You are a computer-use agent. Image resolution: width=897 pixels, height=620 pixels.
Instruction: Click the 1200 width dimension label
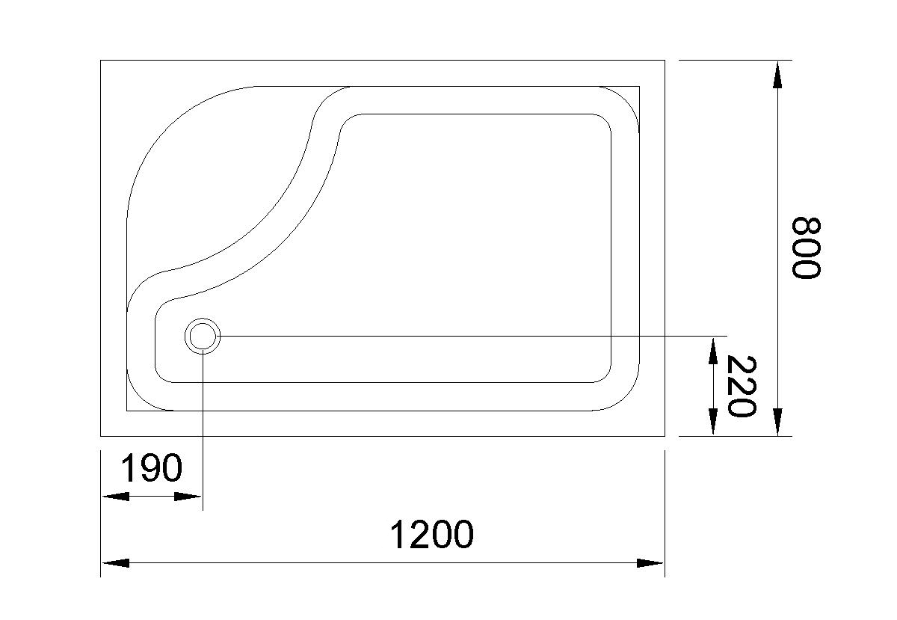(x=432, y=535)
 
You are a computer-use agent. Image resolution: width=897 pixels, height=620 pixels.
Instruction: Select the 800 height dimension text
(x=806, y=248)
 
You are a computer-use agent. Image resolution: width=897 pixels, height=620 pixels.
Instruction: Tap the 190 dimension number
(x=152, y=470)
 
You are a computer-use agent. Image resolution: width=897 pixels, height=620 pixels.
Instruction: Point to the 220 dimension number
(x=742, y=387)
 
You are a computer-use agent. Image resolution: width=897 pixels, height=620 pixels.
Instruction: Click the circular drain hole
(x=203, y=336)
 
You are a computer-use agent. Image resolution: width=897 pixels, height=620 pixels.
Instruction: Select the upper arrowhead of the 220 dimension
(x=713, y=350)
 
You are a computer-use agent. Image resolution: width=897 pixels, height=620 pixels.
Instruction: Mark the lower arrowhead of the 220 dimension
(x=713, y=423)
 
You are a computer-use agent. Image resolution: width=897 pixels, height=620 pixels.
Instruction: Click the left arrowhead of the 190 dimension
(x=114, y=496)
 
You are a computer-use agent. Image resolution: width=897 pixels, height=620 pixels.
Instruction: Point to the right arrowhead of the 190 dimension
(x=188, y=496)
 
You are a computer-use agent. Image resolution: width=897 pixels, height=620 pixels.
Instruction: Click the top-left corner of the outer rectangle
(x=101, y=61)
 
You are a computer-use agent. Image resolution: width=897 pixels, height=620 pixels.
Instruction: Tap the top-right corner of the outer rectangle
(x=665, y=61)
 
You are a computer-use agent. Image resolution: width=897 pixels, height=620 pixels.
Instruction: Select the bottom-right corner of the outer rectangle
(x=665, y=436)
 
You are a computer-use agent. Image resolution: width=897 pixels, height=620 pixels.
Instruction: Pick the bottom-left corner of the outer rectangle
(x=101, y=436)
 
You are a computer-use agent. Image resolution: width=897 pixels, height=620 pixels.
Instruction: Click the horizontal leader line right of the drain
(x=471, y=336)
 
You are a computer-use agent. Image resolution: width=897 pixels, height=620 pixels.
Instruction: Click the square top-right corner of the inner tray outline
(x=639, y=87)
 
